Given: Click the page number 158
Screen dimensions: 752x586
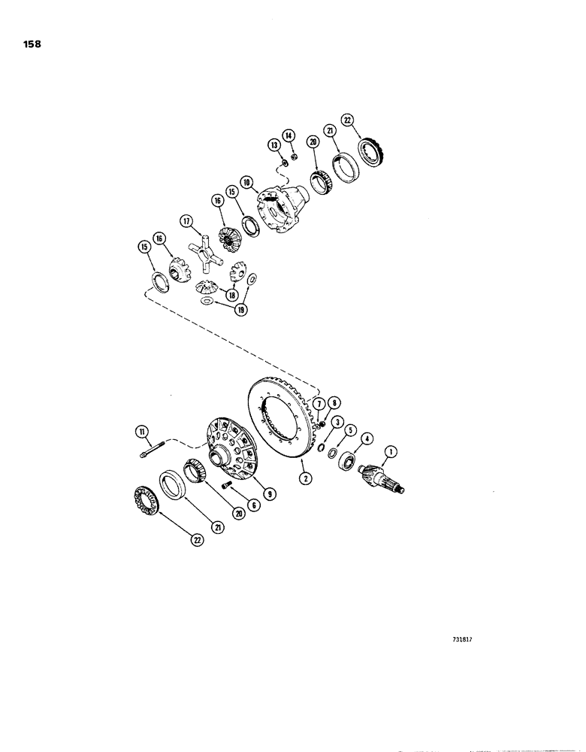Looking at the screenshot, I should (32, 44).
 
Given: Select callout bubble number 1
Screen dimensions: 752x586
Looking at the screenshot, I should (390, 453).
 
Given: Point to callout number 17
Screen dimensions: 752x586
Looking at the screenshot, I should (187, 221).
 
